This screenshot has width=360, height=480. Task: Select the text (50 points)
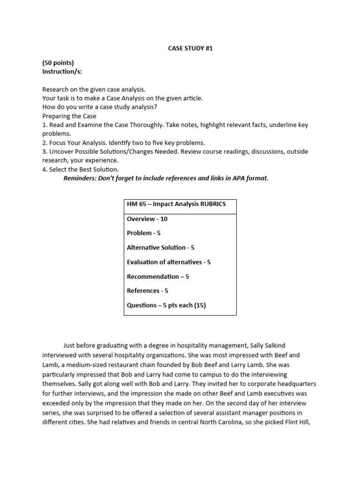click(58, 63)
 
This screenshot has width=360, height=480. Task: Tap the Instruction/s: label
click(62, 72)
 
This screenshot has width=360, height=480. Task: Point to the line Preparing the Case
click(69, 116)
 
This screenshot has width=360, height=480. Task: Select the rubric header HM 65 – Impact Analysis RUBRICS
click(176, 204)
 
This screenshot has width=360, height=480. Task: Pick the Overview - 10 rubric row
click(147, 219)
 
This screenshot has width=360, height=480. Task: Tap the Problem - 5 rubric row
click(144, 233)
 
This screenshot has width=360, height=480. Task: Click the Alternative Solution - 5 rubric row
click(160, 247)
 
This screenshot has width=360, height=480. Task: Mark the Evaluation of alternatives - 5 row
click(169, 262)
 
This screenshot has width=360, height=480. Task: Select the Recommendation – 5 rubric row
click(158, 277)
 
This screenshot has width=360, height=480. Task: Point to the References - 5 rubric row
click(148, 291)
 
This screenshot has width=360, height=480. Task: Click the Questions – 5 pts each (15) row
click(166, 305)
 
